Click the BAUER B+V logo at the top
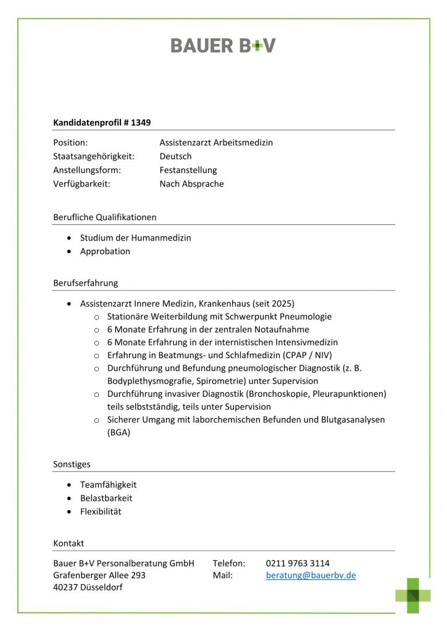click(223, 45)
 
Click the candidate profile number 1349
click(141, 122)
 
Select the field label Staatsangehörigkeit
click(94, 156)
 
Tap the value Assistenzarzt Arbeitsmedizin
click(216, 143)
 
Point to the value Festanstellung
click(188, 170)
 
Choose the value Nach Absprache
click(191, 184)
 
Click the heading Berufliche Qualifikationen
click(105, 217)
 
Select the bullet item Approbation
click(105, 251)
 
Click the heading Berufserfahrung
click(85, 283)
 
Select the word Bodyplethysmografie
click(149, 381)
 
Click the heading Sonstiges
click(72, 464)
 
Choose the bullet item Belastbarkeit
click(106, 498)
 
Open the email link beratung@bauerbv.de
click(311, 576)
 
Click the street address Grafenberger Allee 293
click(99, 576)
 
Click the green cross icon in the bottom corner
click(413, 595)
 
